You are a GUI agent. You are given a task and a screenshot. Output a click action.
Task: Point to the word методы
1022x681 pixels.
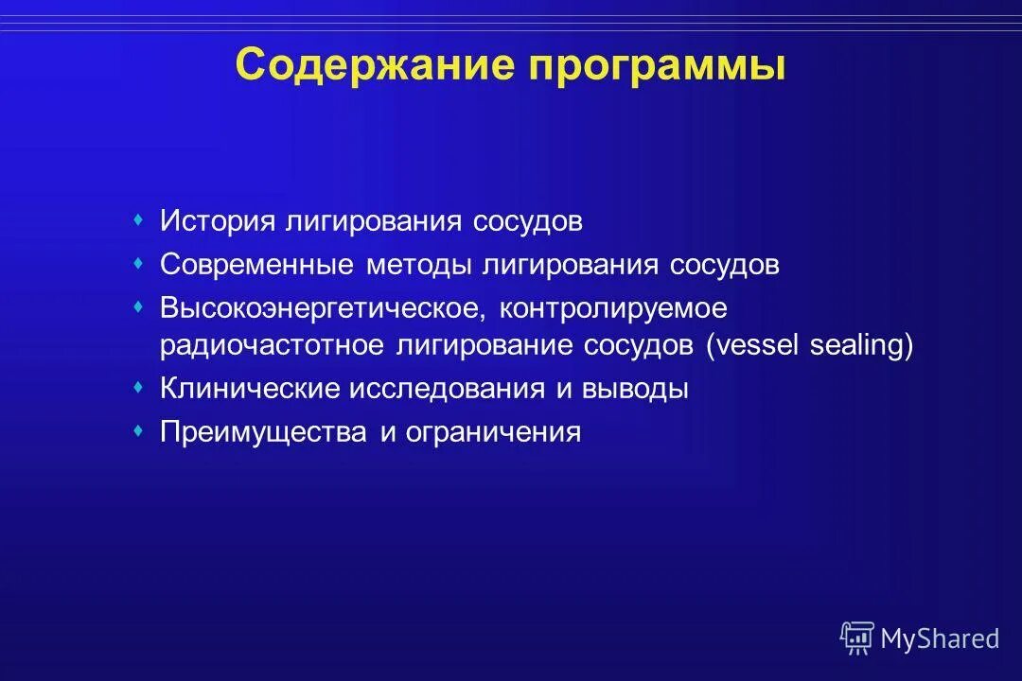[420, 265]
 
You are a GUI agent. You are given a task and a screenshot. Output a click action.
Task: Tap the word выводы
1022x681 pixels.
[635, 389]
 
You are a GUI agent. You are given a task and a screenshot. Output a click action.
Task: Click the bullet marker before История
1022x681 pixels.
[138, 220]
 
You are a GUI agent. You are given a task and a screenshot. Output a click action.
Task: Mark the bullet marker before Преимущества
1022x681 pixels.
[138, 430]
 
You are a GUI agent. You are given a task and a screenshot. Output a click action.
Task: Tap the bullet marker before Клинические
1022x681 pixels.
[138, 387]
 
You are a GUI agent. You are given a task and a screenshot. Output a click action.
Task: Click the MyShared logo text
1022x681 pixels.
[939, 638]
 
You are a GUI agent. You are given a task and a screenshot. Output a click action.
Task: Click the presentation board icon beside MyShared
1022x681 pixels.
[857, 638]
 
